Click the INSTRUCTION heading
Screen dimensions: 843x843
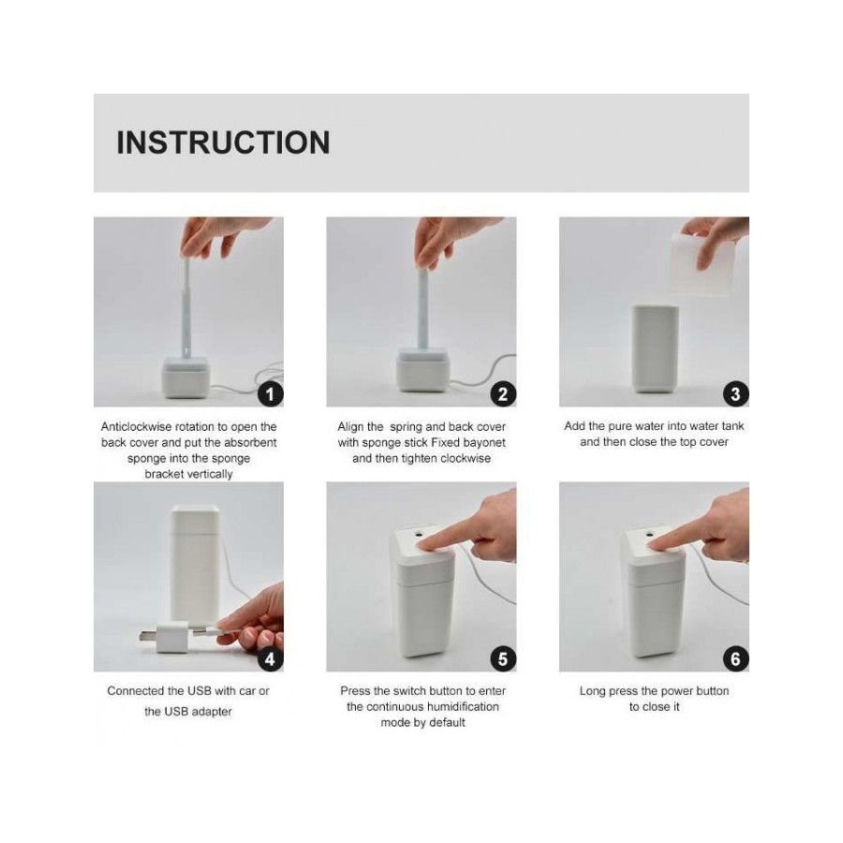click(223, 142)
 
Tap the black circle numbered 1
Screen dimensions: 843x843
click(270, 393)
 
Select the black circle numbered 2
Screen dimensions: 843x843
click(502, 393)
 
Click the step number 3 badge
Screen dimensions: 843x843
click(735, 393)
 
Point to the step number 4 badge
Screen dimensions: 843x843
click(270, 658)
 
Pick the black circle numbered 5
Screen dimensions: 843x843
click(502, 658)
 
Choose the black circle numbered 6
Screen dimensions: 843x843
click(735, 658)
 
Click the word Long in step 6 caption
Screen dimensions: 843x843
click(593, 691)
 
